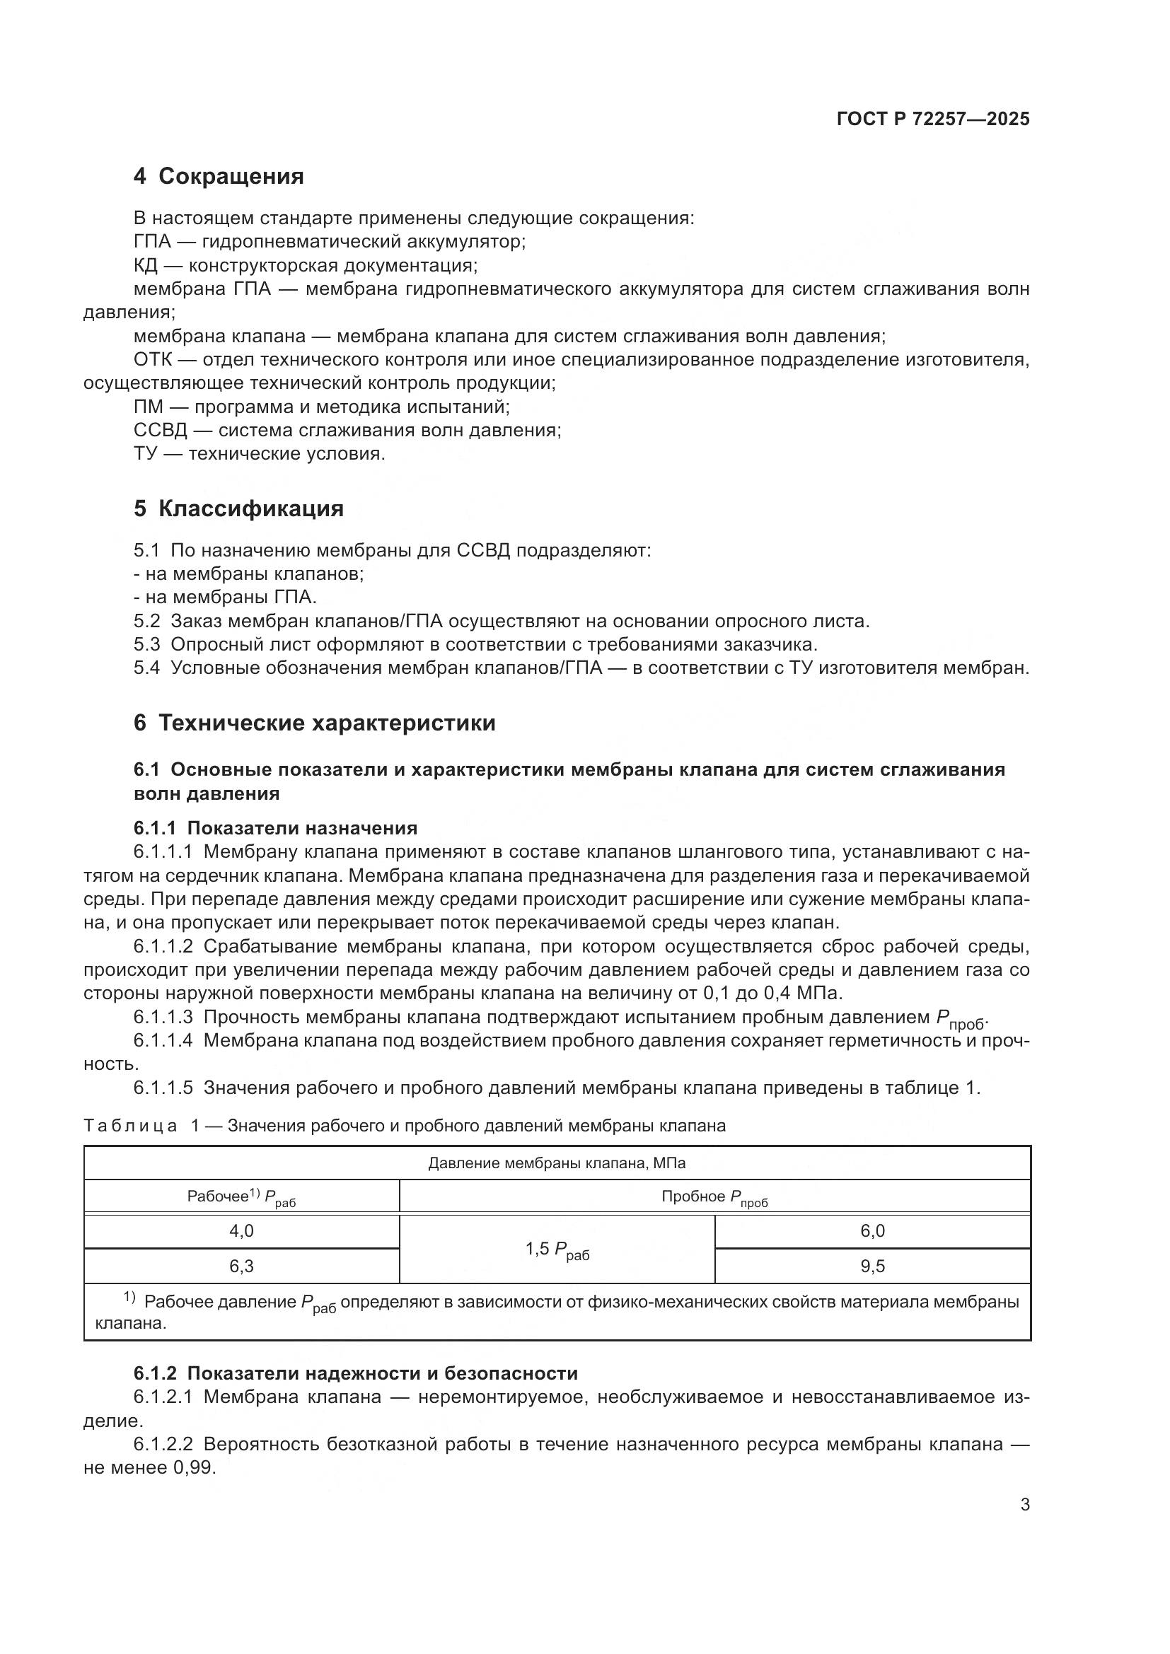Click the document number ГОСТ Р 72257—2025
pyautogui.click(x=933, y=119)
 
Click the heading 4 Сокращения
pyautogui.click(x=219, y=176)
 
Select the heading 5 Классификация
pyautogui.click(x=238, y=508)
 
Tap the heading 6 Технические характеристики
pyautogui.click(x=314, y=723)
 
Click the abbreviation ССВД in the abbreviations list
pyautogui.click(x=160, y=431)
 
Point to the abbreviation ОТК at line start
pyautogui.click(x=153, y=359)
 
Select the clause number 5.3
pyautogui.click(x=147, y=644)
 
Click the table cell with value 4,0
pyautogui.click(x=241, y=1231)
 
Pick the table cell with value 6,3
pyautogui.click(x=241, y=1266)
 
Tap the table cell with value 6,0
pyautogui.click(x=871, y=1231)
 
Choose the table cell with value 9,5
pyautogui.click(x=871, y=1266)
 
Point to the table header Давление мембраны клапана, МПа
pyautogui.click(x=557, y=1163)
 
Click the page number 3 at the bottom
pyautogui.click(x=1024, y=1505)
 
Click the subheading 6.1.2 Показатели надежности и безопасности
pyautogui.click(x=355, y=1374)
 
